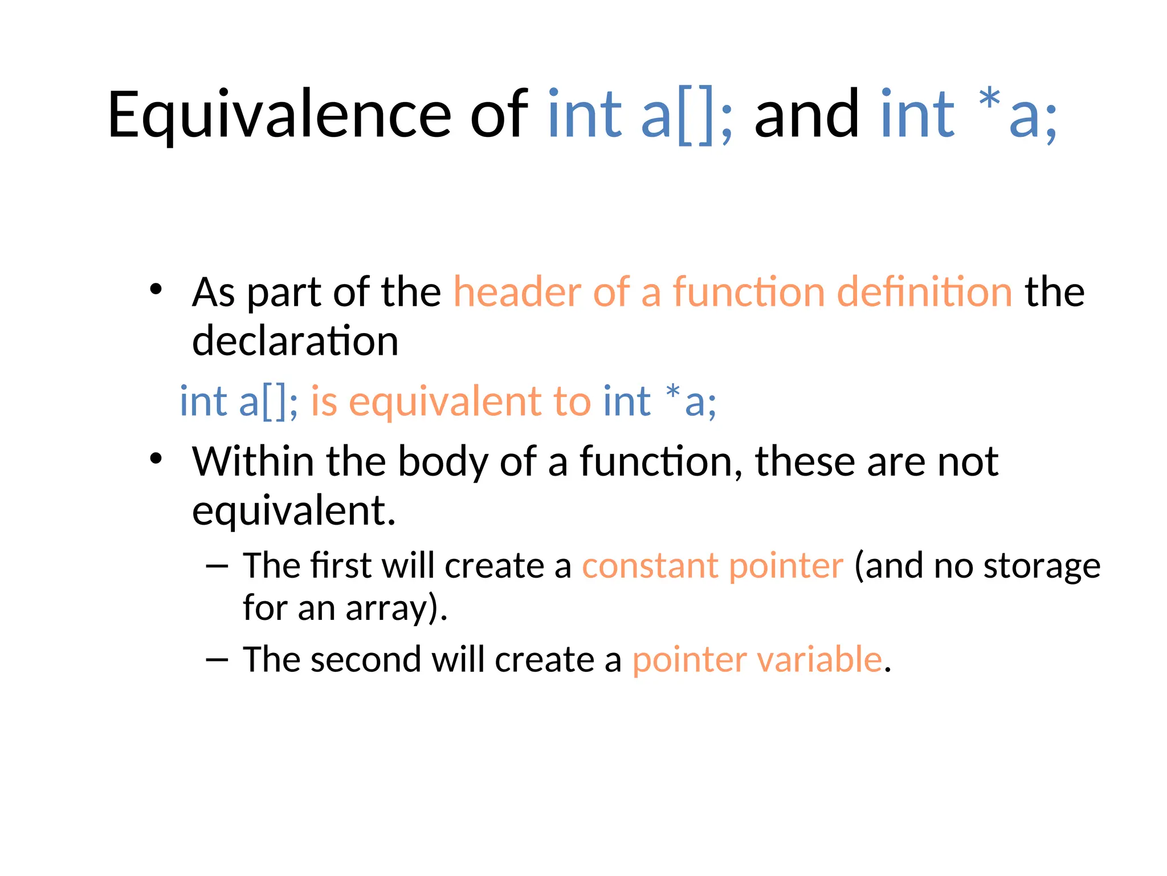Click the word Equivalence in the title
point(279,116)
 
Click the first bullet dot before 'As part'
point(156,289)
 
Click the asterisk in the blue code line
point(672,392)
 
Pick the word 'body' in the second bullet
point(443,462)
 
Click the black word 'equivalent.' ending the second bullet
point(293,512)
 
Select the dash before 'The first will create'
point(217,566)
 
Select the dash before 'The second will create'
point(217,660)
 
